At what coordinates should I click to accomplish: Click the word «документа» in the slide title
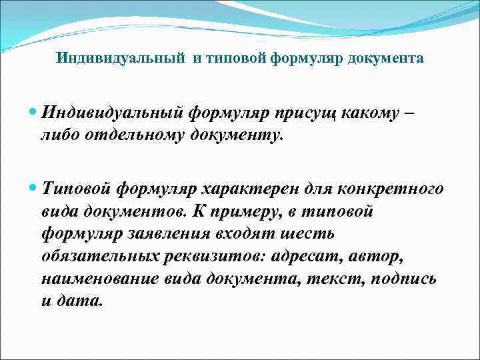click(389, 59)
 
